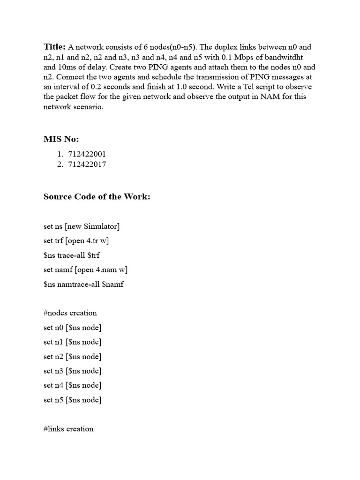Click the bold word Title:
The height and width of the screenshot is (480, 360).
(x=55, y=47)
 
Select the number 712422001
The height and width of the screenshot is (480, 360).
(x=87, y=154)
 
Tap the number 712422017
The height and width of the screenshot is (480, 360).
(x=87, y=164)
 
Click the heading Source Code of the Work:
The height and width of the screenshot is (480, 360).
(x=97, y=197)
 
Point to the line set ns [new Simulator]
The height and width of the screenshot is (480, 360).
(x=82, y=226)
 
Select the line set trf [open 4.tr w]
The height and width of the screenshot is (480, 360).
(x=77, y=241)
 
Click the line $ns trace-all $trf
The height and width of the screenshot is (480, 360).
(x=72, y=255)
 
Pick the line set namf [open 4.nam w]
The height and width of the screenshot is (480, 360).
(x=86, y=270)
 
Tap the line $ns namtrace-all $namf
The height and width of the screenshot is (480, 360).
(x=83, y=284)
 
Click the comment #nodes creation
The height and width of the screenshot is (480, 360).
(x=70, y=313)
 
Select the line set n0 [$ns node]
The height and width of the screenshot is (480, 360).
(x=73, y=327)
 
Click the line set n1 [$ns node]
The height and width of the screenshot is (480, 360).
(x=73, y=342)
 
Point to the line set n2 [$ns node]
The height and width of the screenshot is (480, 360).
(x=73, y=356)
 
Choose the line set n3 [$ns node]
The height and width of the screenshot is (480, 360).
(x=73, y=371)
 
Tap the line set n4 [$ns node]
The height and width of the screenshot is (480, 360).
(x=73, y=385)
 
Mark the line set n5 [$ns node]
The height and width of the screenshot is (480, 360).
(x=73, y=400)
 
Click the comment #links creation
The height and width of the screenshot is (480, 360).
(x=68, y=429)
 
